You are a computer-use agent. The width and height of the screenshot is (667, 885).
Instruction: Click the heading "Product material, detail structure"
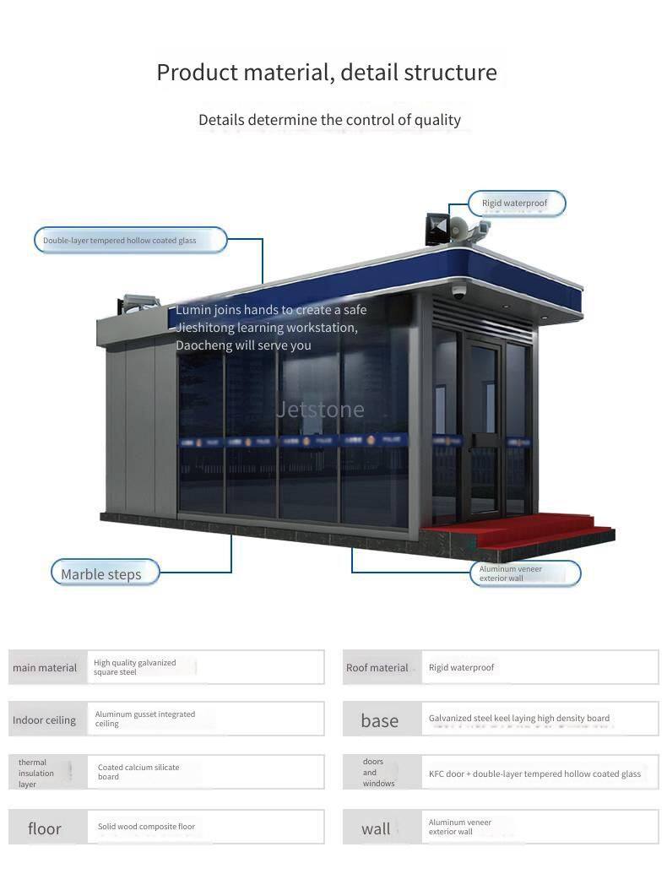(327, 73)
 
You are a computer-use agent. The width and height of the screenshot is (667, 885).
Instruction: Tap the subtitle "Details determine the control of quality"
(329, 120)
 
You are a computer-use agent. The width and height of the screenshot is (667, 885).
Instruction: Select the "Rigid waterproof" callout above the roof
(515, 204)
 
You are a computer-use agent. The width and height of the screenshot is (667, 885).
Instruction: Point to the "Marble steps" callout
(101, 574)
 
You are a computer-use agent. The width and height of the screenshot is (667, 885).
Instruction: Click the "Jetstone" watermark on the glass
(321, 410)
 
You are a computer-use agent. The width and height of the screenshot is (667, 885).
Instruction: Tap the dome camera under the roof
(458, 292)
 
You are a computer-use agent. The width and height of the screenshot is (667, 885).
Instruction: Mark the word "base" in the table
(380, 720)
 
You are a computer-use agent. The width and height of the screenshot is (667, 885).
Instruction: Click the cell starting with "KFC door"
(534, 774)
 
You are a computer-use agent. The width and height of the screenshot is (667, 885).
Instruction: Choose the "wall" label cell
(377, 828)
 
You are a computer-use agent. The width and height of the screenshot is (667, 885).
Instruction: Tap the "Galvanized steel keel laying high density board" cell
(519, 719)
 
